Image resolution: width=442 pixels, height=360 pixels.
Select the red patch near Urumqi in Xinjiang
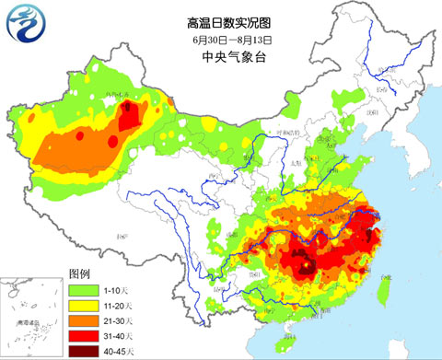pyautogui.click(x=132, y=116)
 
